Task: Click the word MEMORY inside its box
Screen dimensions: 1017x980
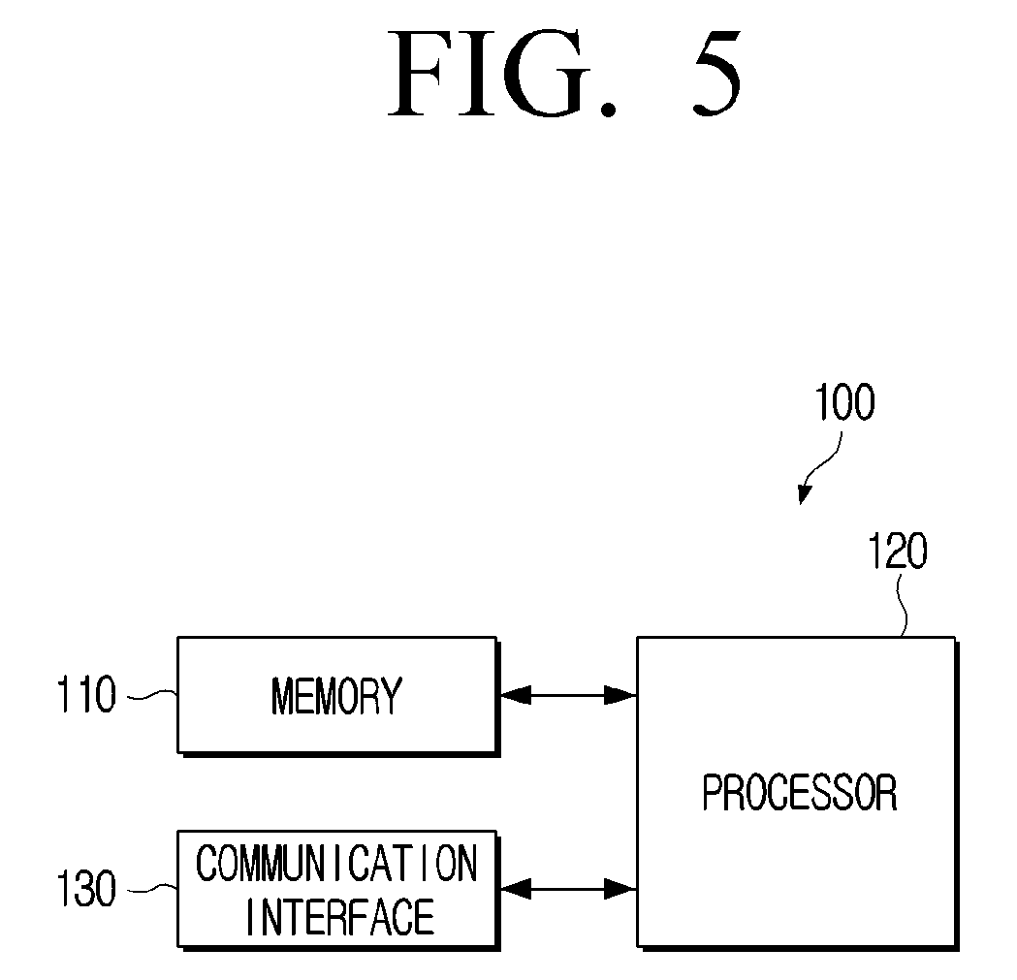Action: point(336,695)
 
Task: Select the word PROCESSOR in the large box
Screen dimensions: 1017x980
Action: point(800,792)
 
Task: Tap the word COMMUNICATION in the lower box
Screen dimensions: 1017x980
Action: point(336,864)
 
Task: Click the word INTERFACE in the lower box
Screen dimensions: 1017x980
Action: point(340,916)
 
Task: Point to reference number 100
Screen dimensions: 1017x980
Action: point(844,402)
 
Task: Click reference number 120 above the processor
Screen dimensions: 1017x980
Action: point(898,552)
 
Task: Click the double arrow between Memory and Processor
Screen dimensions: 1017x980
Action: point(567,695)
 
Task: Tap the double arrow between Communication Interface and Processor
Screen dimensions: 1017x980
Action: point(567,889)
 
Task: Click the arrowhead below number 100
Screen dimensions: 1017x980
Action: point(805,494)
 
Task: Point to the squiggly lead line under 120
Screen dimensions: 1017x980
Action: point(902,606)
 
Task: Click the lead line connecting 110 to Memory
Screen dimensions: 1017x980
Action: point(152,696)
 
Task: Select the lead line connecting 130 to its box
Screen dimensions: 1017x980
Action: point(152,889)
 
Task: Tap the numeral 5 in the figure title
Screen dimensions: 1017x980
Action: point(716,73)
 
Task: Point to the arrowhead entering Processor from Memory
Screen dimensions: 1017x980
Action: point(620,695)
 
